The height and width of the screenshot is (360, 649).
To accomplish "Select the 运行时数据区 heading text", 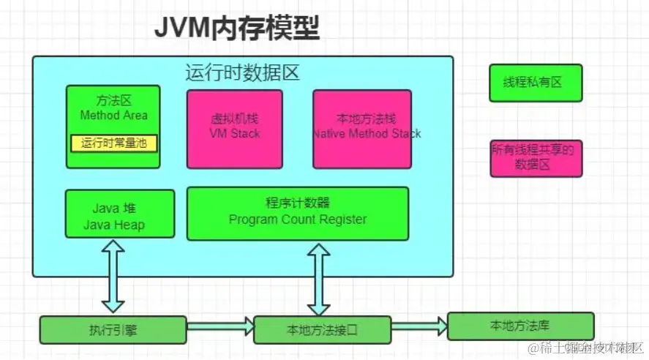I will click(x=242, y=74).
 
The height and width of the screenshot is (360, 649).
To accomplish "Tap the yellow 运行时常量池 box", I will click(x=113, y=143).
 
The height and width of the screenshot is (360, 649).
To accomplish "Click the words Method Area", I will click(x=113, y=116).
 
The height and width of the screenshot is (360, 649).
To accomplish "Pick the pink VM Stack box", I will click(x=234, y=129).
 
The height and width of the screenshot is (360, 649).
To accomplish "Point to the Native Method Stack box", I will click(x=361, y=129).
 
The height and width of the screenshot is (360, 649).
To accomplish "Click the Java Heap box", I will click(x=120, y=214).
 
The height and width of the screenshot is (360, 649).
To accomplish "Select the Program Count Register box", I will click(x=297, y=213).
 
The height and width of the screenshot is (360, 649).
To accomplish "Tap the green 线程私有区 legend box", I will click(x=536, y=83).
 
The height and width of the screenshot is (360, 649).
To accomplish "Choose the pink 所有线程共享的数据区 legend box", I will click(x=536, y=158).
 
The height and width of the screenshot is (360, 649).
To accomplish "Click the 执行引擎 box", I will click(x=113, y=330).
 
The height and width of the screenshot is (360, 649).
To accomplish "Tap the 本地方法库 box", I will click(x=519, y=326).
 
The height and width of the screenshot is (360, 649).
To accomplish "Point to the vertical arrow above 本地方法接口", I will click(x=318, y=279).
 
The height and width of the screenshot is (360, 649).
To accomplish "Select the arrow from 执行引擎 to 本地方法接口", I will click(x=220, y=328).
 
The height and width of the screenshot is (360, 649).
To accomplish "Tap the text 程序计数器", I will click(x=297, y=203).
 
